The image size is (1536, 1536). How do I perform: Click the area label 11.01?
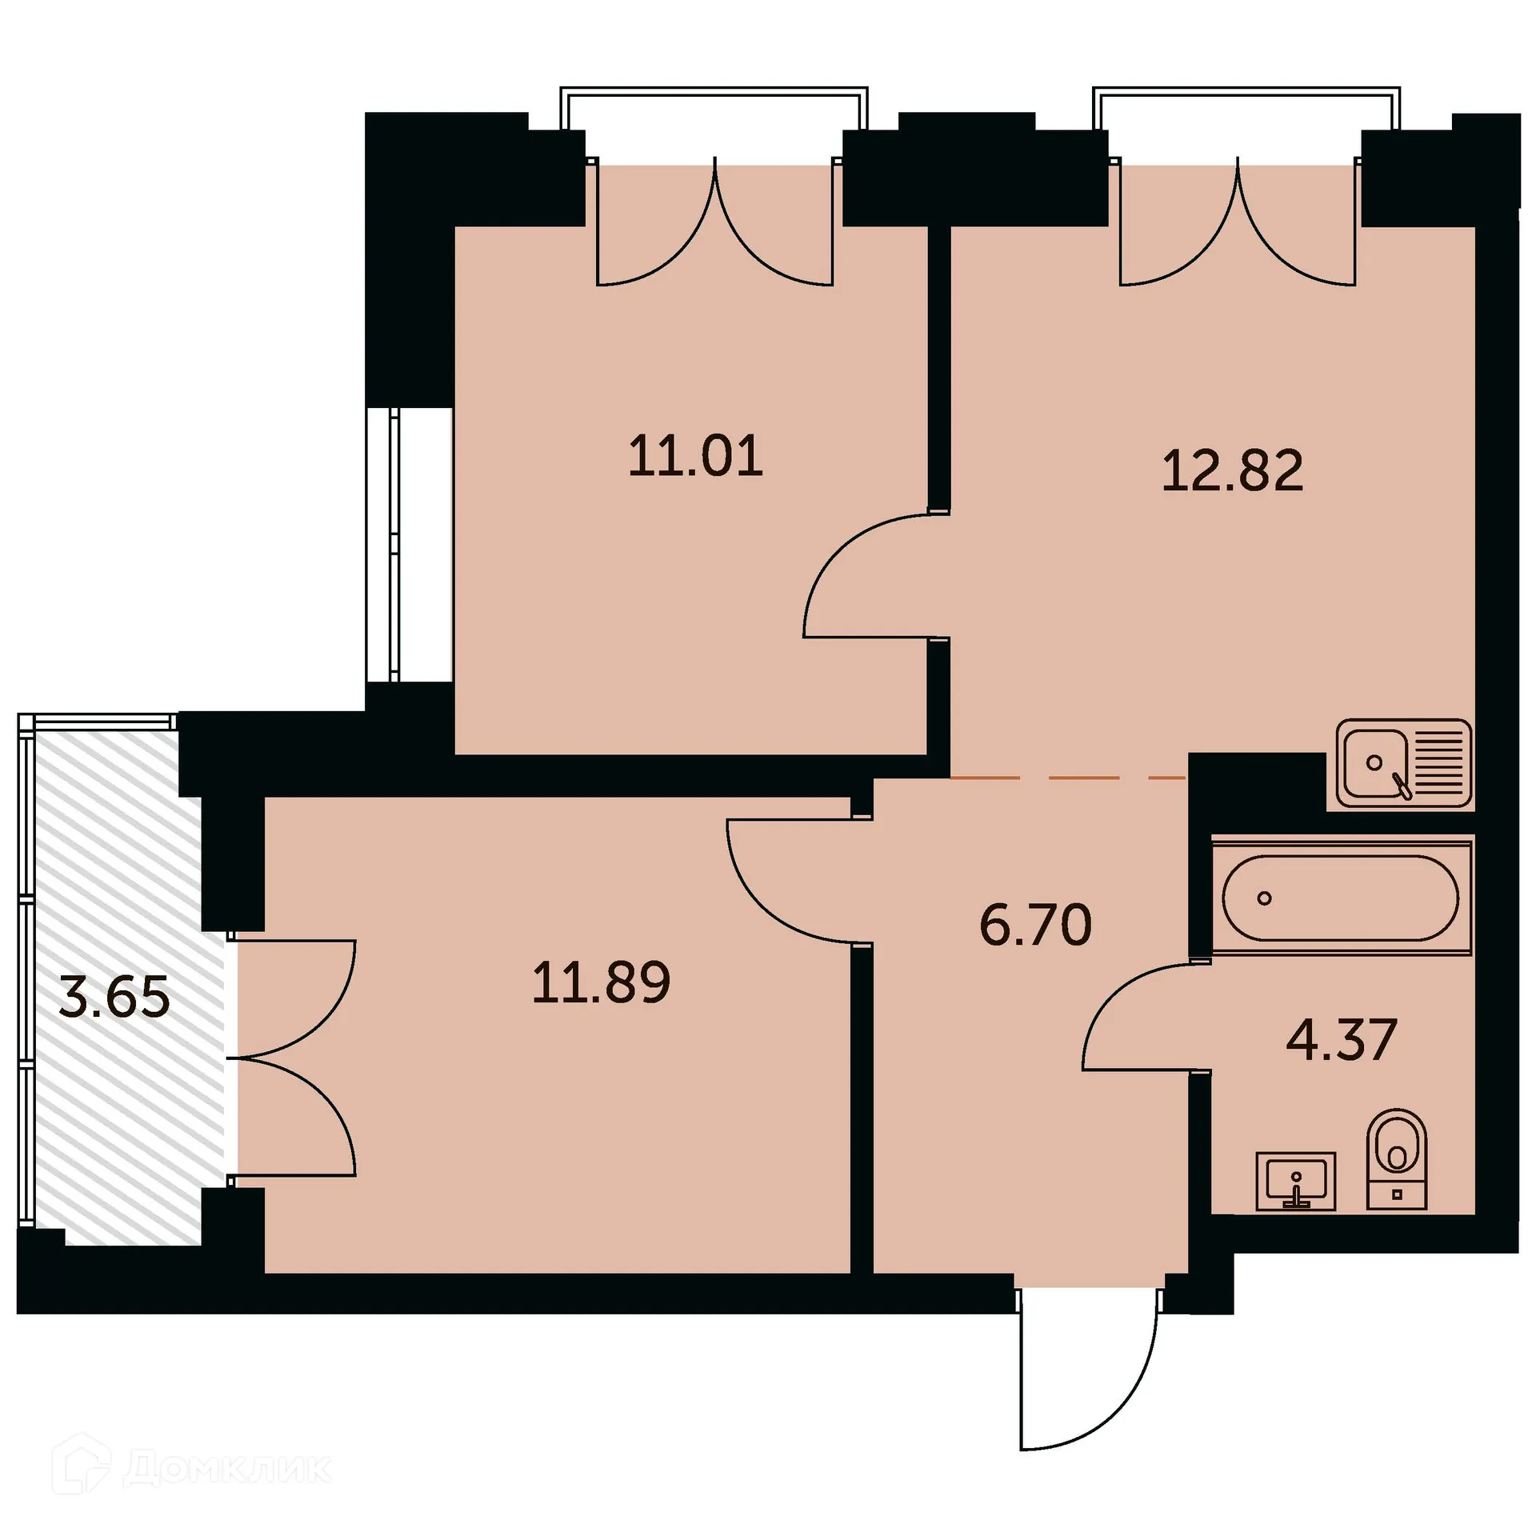pyautogui.click(x=695, y=457)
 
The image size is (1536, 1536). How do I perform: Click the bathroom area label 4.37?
pyautogui.click(x=1341, y=1040)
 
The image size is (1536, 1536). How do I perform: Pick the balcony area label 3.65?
pyautogui.click(x=114, y=998)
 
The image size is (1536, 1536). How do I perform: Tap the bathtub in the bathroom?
pyautogui.click(x=1341, y=897)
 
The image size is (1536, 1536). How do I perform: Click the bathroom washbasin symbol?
pyautogui.click(x=1295, y=1181)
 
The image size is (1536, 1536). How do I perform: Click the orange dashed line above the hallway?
pyautogui.click(x=1068, y=777)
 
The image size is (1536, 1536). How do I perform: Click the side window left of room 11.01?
pyautogui.click(x=396, y=544)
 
